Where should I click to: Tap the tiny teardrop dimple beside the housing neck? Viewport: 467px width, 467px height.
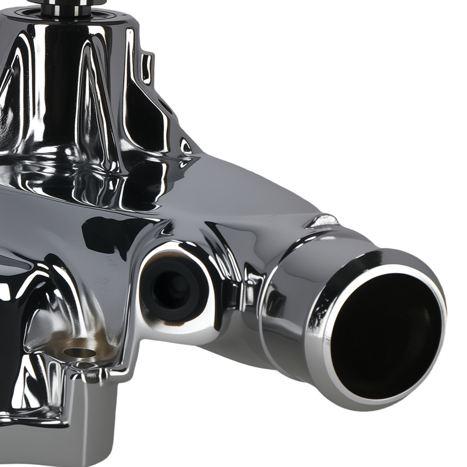click(185, 147)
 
